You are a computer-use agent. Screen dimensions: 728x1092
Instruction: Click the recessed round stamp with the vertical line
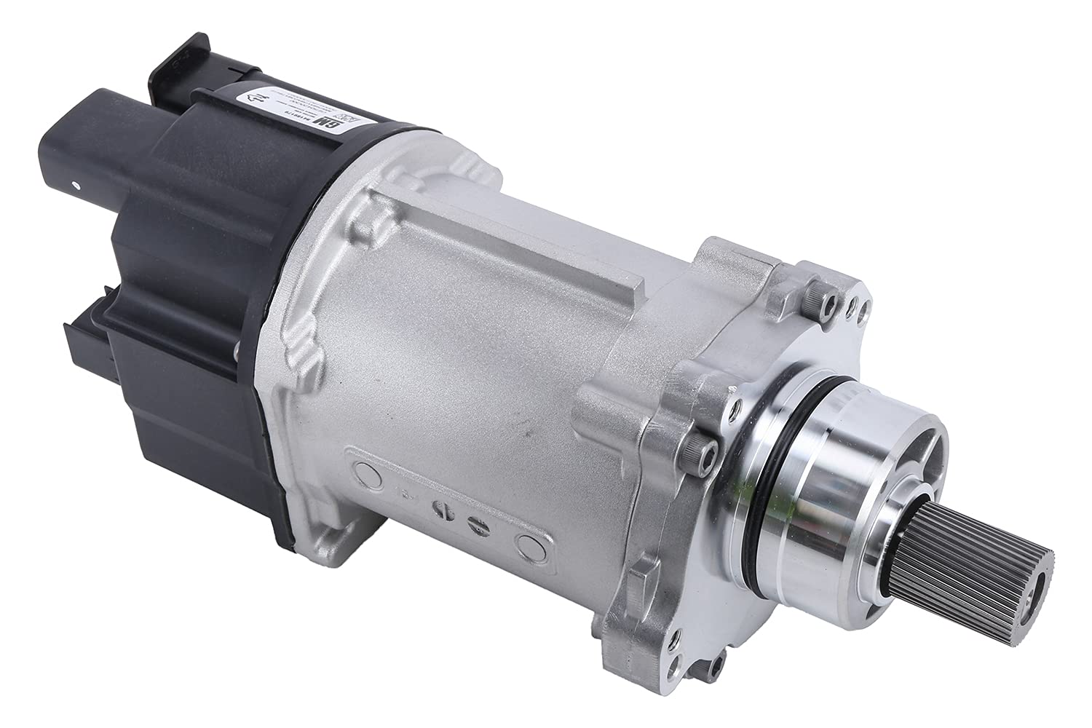pyautogui.click(x=441, y=510)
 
